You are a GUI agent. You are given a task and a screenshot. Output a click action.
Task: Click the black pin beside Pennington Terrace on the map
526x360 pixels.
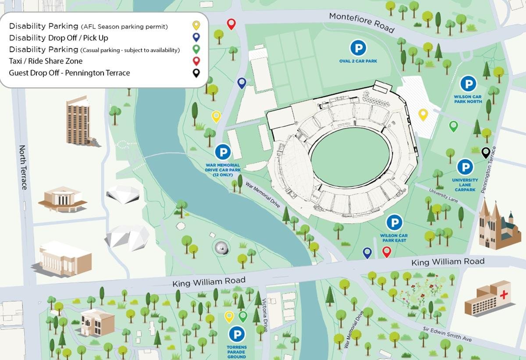click(x=486, y=152)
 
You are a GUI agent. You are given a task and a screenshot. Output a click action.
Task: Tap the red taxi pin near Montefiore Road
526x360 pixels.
click(x=231, y=24)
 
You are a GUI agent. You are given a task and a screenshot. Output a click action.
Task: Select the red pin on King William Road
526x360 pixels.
click(x=386, y=252)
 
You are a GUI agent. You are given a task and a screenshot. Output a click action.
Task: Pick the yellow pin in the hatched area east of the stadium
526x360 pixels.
click(x=423, y=114)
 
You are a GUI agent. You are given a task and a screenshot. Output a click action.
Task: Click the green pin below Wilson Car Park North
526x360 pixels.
click(x=454, y=126)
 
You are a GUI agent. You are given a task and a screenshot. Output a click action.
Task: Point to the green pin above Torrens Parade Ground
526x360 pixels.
click(x=243, y=317)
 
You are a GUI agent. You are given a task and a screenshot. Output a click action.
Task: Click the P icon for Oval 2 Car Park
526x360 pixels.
click(x=358, y=47)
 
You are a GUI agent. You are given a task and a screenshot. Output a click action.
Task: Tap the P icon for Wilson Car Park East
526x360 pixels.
click(x=394, y=222)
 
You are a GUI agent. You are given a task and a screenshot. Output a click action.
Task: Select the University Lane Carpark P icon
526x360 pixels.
click(x=465, y=167)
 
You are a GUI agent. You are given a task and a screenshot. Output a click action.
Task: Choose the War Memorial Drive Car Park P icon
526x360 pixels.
click(x=223, y=152)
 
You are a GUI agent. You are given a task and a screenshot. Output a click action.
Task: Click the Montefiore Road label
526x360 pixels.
click(x=362, y=22)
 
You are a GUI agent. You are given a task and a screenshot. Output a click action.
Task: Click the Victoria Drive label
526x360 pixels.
click(x=264, y=316)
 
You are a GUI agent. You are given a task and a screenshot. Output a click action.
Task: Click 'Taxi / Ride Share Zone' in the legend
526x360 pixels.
click(x=46, y=61)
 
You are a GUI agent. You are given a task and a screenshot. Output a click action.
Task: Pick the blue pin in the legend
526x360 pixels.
click(x=196, y=37)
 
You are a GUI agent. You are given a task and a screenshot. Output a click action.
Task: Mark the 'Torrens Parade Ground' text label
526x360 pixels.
click(x=237, y=352)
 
